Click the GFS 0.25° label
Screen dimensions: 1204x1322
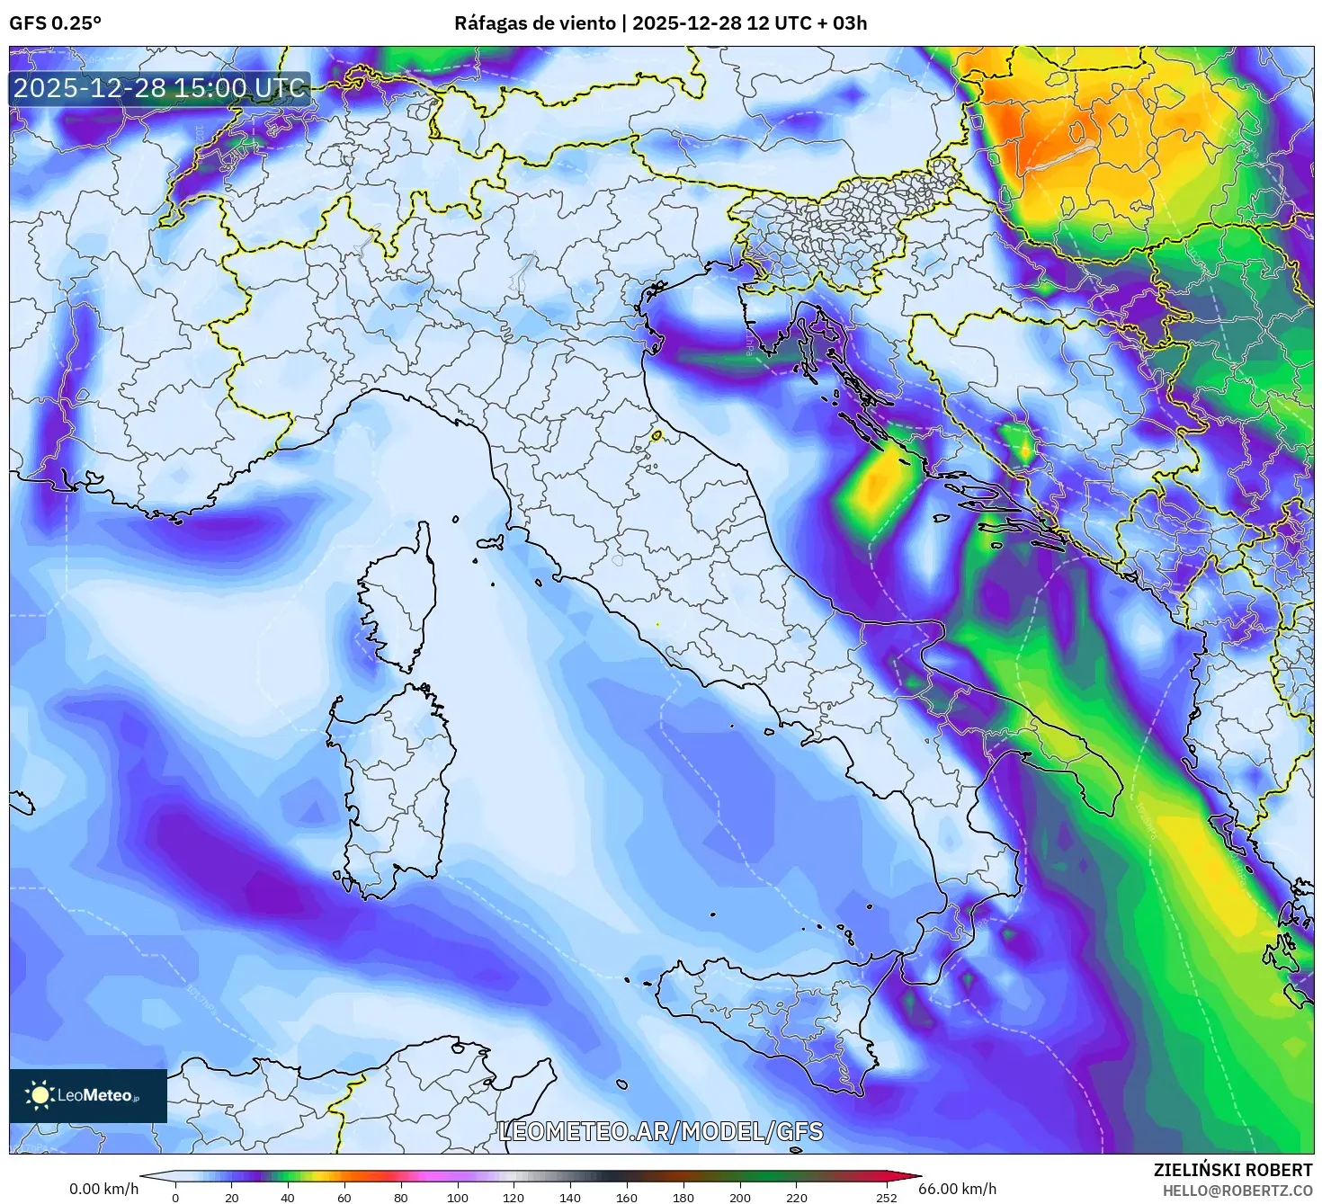click(x=55, y=23)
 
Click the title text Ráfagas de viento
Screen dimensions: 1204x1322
click(x=534, y=23)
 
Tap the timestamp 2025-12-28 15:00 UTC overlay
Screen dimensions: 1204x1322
click(x=160, y=88)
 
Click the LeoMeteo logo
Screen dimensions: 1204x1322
click(x=87, y=1095)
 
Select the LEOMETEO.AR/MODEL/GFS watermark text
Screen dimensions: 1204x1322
click(x=660, y=1131)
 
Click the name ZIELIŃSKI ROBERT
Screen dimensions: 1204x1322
click(x=1232, y=1170)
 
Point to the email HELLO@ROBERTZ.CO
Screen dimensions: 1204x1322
click(x=1237, y=1190)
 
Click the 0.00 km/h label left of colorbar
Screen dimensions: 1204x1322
click(x=103, y=1189)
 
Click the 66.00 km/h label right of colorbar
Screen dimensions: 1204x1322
click(x=957, y=1189)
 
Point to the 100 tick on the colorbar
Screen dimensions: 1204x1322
click(x=458, y=1197)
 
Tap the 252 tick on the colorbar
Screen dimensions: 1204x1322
click(x=887, y=1197)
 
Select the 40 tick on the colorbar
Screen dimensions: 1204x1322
click(x=288, y=1197)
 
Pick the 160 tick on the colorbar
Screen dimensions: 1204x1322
click(x=627, y=1197)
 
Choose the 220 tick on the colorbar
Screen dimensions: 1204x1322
click(x=797, y=1197)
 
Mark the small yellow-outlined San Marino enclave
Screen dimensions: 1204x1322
click(x=657, y=436)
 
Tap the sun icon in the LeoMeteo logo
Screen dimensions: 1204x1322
click(x=40, y=1094)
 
